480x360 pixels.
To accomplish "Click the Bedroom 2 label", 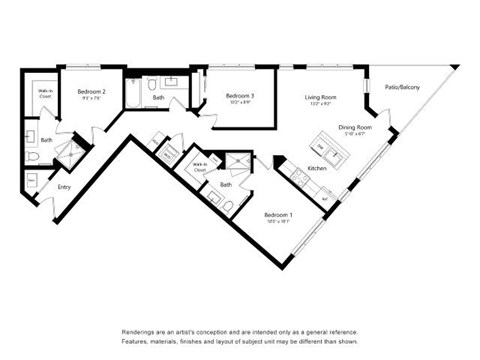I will (91, 92).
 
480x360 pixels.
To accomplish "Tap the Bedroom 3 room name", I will (239, 96).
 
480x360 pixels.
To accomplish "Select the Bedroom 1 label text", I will (277, 215).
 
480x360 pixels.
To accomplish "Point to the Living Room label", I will (320, 97).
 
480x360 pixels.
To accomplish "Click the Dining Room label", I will (354, 127).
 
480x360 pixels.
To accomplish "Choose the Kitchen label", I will (317, 168).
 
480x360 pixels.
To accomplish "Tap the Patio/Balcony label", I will (402, 88).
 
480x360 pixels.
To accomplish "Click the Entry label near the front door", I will (64, 186).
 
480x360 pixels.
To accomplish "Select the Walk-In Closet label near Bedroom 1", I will (199, 166).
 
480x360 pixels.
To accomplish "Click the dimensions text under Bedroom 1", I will (277, 222).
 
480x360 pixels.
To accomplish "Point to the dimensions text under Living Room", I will (320, 104).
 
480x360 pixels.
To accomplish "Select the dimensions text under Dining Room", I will (354, 134).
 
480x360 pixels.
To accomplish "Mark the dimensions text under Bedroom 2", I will (91, 99).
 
